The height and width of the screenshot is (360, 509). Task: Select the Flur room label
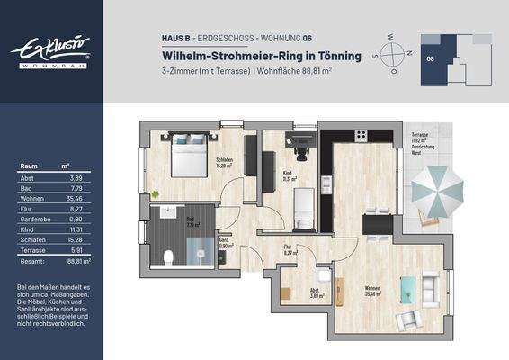[288, 249]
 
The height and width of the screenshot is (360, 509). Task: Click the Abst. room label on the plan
[316, 292]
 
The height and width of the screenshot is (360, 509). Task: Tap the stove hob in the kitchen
[361, 136]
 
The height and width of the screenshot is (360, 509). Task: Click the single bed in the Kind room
[305, 208]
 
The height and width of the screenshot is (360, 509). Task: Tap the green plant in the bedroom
[156, 193]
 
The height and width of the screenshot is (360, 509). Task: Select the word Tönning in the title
[334, 56]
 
